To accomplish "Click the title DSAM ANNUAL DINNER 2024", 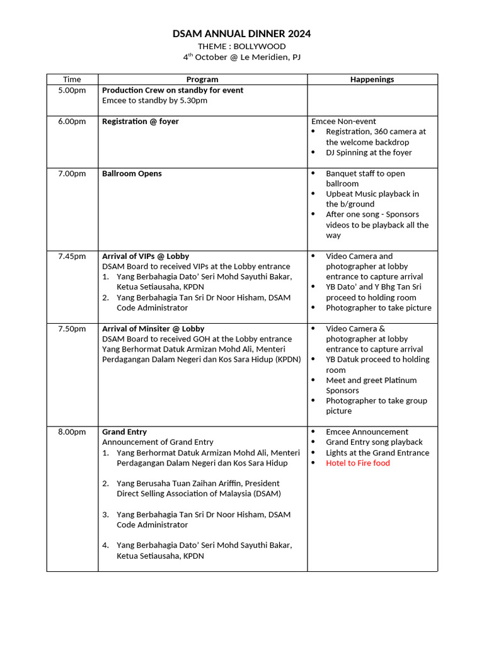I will [241, 34].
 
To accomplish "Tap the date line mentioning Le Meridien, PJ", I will [241, 57].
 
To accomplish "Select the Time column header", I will [72, 79].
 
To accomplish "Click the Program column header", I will [202, 79].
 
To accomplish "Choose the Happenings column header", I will [372, 79].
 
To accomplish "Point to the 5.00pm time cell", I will [72, 91].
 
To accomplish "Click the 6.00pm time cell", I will [72, 122].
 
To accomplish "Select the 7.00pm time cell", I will [72, 174].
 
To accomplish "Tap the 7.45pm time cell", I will [72, 256].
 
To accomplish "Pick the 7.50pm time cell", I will [72, 329].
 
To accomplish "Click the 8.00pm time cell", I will [72, 432].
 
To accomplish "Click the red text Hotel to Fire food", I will [357, 463].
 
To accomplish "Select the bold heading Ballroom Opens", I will [132, 174].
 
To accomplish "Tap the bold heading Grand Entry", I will [124, 432].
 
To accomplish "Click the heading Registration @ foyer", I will [140, 122].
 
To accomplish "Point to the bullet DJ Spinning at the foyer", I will [369, 152].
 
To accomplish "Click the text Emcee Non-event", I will [343, 122].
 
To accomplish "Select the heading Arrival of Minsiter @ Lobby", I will [153, 329].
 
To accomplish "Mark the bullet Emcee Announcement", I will [367, 432].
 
